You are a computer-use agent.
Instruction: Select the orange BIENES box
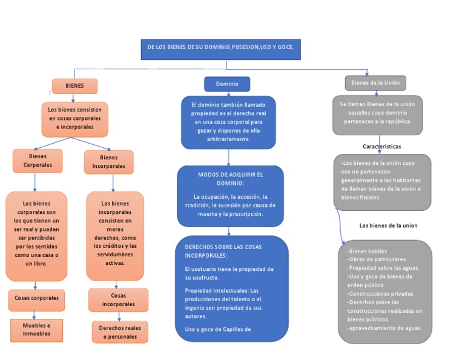74,86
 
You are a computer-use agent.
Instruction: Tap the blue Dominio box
227,84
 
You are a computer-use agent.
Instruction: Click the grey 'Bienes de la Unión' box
375,82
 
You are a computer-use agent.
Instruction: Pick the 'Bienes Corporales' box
38,161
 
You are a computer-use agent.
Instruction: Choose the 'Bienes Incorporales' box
108,162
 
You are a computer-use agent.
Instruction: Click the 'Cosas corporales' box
36,298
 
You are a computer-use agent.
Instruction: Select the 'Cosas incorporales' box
118,299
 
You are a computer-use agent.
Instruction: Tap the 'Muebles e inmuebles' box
36,330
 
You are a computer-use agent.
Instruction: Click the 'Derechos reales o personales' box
120,332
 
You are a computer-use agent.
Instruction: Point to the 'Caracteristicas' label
381,147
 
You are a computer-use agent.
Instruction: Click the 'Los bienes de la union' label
388,225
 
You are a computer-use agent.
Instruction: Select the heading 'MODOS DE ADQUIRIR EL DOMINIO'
231,179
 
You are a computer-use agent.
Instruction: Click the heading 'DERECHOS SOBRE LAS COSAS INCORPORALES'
223,252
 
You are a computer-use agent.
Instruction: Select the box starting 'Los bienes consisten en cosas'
75,119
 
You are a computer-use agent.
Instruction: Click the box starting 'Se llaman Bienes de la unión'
377,113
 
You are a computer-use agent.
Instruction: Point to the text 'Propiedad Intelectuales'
212,290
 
